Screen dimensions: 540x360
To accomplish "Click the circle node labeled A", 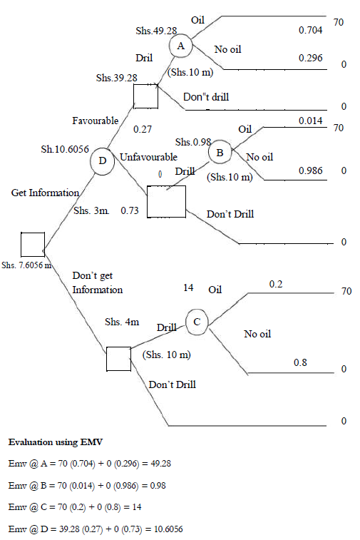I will [180, 46].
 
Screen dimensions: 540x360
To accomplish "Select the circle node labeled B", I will [220, 151].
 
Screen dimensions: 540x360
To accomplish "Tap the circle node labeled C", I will [197, 322].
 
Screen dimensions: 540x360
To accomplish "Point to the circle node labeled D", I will [103, 161].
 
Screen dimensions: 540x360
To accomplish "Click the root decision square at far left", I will [32, 244].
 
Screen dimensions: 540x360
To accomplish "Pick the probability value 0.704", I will [310, 31].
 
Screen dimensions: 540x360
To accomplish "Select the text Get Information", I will [44, 193].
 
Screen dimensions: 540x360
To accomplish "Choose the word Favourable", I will [95, 121].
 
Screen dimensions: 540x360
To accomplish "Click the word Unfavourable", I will [148, 156].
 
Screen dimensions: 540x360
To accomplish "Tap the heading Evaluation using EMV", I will [55, 443].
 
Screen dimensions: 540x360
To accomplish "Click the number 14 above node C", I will [189, 288].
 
